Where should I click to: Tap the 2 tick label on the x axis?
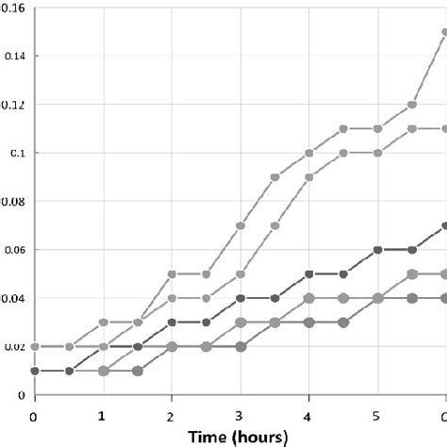(x=172, y=415)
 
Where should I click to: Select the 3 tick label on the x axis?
(x=240, y=415)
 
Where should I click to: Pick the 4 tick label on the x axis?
(x=309, y=415)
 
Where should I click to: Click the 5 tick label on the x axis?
(x=377, y=415)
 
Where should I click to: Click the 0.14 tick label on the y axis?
(x=13, y=56)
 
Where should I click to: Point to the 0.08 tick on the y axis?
(x=13, y=201)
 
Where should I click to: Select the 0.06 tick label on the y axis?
(x=13, y=250)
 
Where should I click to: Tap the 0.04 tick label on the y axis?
(x=13, y=298)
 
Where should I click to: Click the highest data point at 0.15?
(x=444, y=31)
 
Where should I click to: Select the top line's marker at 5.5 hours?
(x=411, y=104)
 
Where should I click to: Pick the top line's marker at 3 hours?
(x=240, y=225)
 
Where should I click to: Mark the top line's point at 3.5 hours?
(x=274, y=176)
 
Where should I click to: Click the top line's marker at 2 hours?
(x=172, y=273)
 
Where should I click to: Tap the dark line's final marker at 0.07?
(x=444, y=225)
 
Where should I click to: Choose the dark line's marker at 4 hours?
(x=309, y=273)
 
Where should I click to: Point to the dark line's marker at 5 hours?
(x=377, y=250)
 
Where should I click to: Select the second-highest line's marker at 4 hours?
(x=309, y=176)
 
